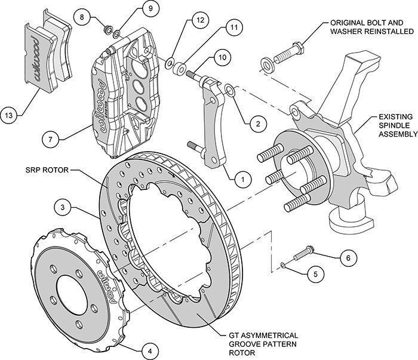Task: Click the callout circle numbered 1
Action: [x=242, y=177]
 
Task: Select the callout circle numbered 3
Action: [x=63, y=208]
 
